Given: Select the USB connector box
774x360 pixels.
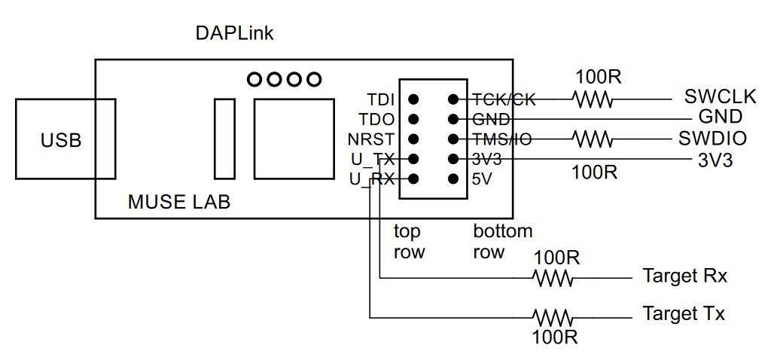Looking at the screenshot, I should click(65, 139).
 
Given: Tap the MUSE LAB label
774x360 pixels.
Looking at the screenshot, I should click(179, 202).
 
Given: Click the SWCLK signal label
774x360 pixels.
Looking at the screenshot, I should click(720, 97).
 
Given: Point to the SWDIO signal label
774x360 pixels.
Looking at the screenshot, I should click(712, 139).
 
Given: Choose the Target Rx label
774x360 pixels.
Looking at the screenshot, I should click(685, 276).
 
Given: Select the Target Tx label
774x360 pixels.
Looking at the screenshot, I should click(684, 313).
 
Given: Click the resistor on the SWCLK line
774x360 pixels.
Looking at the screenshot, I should click(593, 99).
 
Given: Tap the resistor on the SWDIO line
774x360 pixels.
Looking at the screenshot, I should click(593, 139).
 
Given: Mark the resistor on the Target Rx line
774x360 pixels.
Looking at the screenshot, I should click(553, 278).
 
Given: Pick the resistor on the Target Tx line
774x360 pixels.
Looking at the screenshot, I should click(553, 316).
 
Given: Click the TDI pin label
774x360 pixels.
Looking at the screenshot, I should click(382, 99).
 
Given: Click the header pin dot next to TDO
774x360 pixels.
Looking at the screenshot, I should click(413, 119).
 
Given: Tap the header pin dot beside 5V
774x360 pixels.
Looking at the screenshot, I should click(453, 179).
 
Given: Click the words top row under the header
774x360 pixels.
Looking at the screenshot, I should click(409, 241).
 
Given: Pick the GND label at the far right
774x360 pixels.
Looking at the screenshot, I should click(721, 117).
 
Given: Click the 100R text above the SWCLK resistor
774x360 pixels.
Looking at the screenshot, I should click(598, 76).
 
